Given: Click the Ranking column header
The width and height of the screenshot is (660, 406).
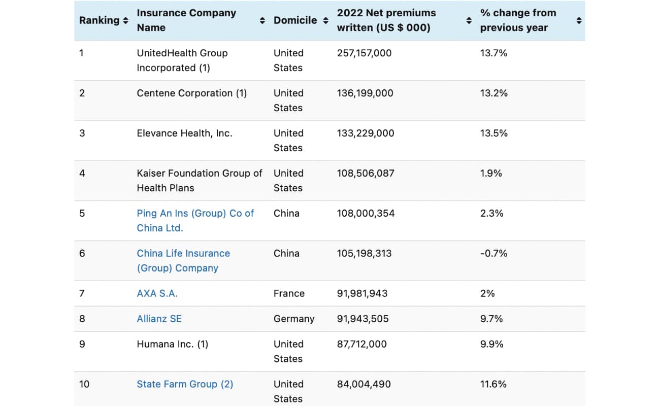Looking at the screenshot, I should tap(99, 20).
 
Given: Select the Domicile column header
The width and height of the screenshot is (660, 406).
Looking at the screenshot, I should tap(295, 20).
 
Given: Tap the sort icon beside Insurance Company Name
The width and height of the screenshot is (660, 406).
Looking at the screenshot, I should tap(262, 20).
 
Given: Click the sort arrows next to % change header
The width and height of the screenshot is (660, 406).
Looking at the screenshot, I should tap(579, 20).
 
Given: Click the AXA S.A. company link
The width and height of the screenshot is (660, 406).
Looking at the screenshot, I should tap(157, 293).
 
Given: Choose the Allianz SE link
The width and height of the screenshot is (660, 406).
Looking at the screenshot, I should tap(159, 319).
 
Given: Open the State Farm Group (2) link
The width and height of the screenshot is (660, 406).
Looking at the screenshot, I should tap(185, 384).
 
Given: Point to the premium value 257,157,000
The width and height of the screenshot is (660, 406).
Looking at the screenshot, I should tap(364, 53).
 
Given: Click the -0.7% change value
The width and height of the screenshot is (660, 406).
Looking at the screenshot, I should tap(493, 253).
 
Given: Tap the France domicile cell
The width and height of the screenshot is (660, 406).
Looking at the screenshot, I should tap(289, 293).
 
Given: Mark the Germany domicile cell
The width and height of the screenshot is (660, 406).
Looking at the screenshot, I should tap(294, 319).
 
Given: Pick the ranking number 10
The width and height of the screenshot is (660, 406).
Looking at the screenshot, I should tap(84, 384).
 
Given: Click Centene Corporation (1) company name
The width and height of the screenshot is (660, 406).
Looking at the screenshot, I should tap(191, 93).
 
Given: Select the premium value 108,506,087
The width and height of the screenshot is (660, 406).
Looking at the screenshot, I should tap(366, 173).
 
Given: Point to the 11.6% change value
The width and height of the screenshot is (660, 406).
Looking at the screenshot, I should tap(493, 384).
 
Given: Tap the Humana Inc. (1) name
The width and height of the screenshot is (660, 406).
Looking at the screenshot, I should tap(172, 344).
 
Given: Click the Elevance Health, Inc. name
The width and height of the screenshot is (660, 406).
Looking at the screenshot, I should tap(184, 133).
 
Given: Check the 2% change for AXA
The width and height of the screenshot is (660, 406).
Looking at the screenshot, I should tap(487, 293).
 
